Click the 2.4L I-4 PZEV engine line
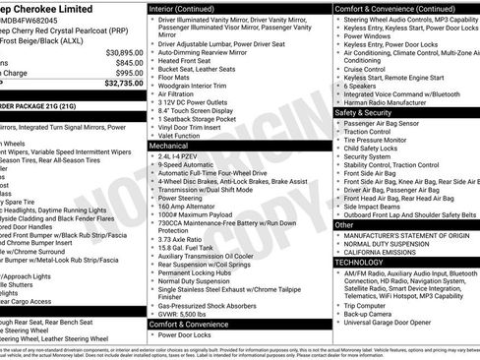185,155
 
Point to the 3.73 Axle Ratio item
187,238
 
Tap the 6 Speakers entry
361,86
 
